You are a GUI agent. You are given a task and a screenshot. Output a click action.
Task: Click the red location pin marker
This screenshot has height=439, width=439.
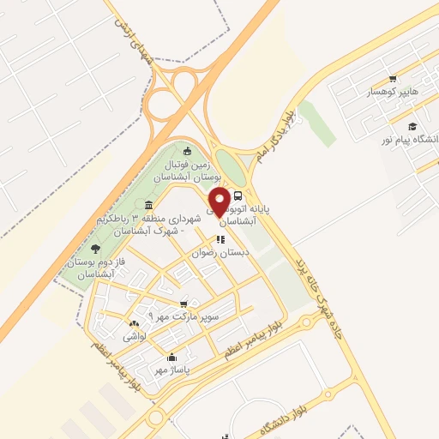219,202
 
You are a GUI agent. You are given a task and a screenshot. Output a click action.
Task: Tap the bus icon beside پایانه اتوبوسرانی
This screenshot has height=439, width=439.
238,194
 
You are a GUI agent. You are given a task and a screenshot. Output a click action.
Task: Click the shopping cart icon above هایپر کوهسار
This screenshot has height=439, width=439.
393,78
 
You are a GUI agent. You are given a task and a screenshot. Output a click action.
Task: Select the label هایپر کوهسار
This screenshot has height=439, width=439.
392,91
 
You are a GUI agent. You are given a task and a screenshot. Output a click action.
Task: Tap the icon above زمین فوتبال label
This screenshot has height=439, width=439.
188,152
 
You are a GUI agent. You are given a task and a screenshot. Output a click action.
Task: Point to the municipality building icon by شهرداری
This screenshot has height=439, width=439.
150,205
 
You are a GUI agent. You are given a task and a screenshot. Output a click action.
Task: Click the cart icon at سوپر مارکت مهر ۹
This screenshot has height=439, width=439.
183,304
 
